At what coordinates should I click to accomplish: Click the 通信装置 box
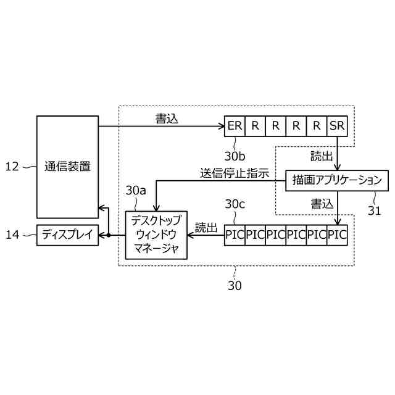(x=68, y=166)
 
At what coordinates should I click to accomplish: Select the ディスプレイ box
(x=68, y=235)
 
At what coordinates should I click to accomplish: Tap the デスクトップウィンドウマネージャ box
(x=156, y=235)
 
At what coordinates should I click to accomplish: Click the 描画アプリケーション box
(x=337, y=181)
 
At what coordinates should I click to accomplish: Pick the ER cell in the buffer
(x=235, y=126)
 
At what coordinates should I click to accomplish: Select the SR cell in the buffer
(x=338, y=126)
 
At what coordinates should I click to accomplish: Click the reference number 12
(x=12, y=166)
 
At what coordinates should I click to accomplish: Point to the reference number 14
(x=12, y=235)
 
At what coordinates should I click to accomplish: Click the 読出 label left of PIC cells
(x=206, y=228)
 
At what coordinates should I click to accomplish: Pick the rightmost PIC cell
(x=338, y=235)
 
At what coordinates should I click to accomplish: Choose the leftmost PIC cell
(x=235, y=235)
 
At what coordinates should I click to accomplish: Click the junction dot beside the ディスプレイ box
(x=108, y=235)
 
